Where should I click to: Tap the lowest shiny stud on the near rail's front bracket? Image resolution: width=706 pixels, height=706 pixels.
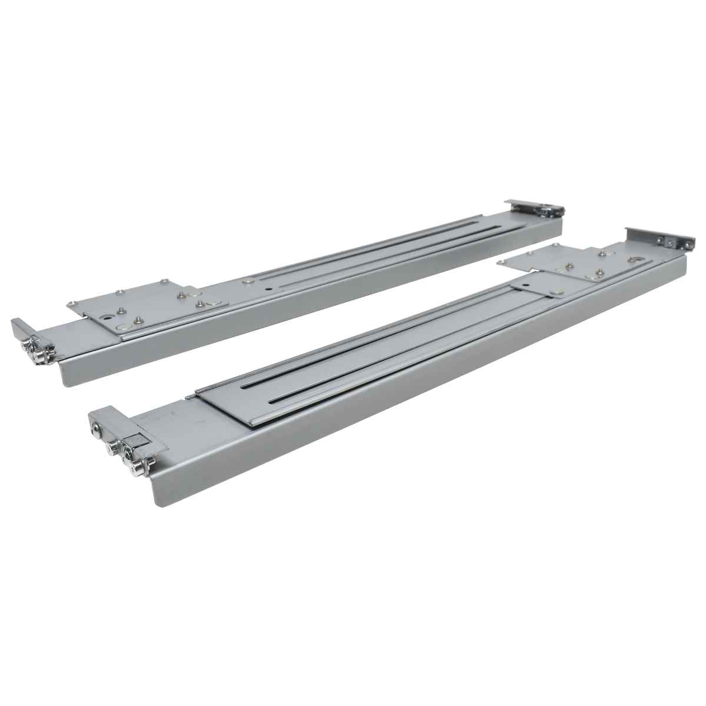coord(137,469)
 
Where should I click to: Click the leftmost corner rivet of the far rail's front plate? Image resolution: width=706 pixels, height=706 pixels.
coord(71,304)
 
